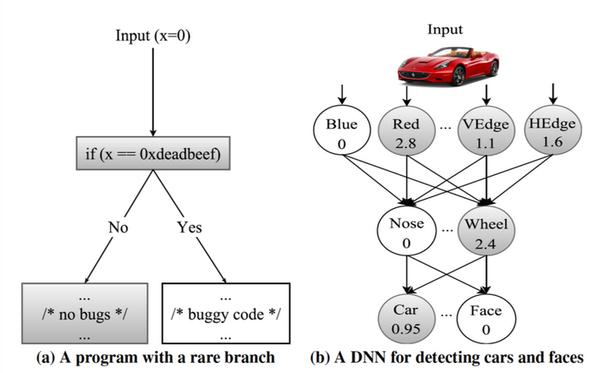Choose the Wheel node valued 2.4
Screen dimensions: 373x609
486,233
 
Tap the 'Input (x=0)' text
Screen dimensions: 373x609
152,36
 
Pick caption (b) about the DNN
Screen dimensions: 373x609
446,358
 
